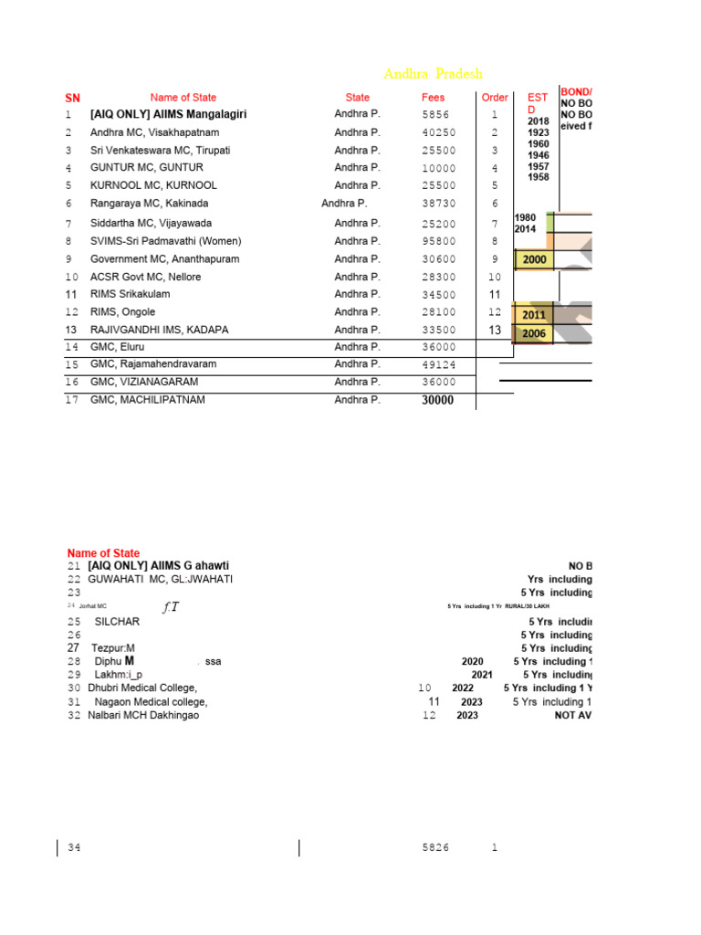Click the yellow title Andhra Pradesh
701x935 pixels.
coord(433,74)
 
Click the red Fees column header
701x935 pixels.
coord(434,98)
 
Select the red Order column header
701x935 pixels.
coord(495,98)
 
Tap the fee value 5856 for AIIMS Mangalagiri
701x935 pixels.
coord(436,115)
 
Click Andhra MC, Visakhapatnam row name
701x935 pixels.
coord(154,132)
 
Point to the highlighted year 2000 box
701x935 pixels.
coord(534,260)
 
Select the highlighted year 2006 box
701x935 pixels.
coord(534,334)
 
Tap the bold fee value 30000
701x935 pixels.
coord(437,401)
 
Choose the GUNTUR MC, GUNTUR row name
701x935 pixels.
coord(147,168)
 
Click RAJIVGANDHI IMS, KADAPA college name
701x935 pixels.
coord(160,330)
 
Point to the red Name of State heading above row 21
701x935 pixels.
coord(103,553)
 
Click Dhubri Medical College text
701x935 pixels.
coord(142,688)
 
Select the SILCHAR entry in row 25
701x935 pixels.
coord(117,622)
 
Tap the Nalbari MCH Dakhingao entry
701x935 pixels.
coord(143,715)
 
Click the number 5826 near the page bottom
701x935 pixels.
coord(435,848)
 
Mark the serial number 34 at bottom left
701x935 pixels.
coord(74,848)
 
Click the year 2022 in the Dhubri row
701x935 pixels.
coord(463,688)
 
